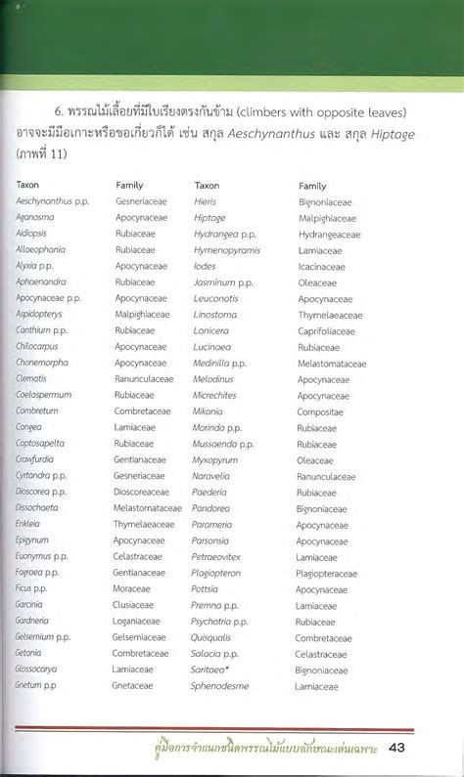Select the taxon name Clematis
30,378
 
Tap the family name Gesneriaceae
144,201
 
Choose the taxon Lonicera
211,330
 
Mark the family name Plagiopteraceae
334,574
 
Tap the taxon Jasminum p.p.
223,282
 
